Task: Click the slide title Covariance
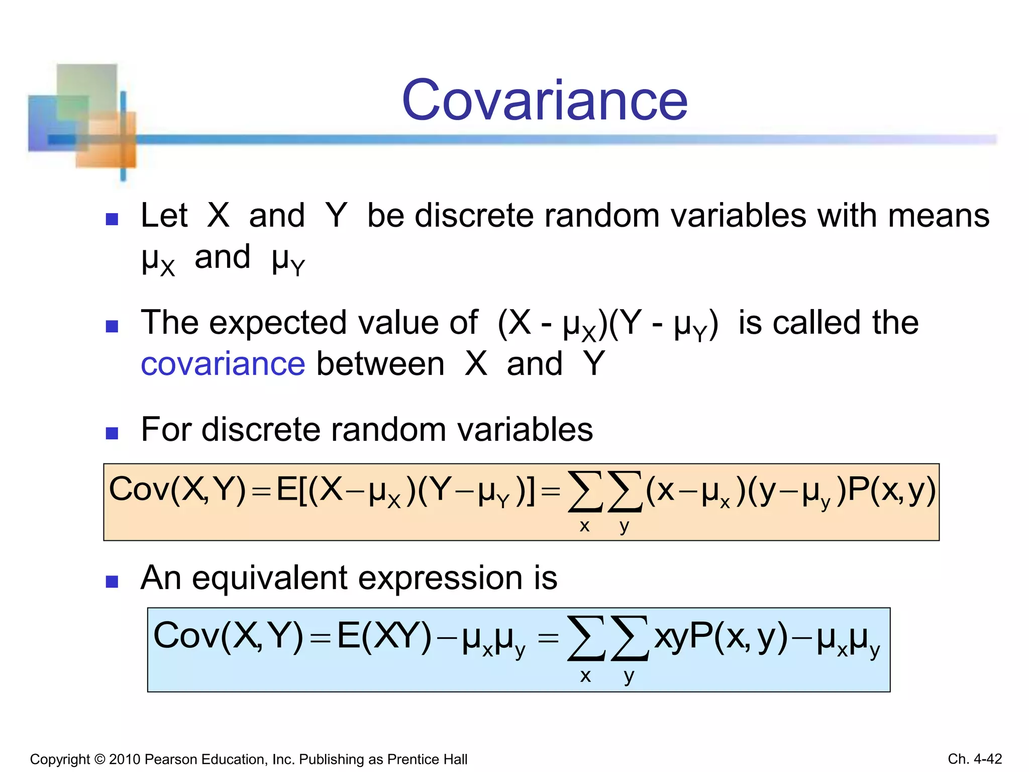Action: tap(545, 101)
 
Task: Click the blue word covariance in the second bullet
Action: tap(223, 364)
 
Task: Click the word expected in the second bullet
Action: tap(278, 323)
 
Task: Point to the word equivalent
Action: tap(269, 578)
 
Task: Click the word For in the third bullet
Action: tap(165, 430)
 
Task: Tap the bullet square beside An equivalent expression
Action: tap(112, 582)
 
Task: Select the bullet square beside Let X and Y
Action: tap(112, 219)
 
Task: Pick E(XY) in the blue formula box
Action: tap(384, 636)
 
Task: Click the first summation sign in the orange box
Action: tap(585, 492)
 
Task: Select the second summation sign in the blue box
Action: tap(630, 638)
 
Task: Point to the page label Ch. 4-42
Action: tap(975, 759)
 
